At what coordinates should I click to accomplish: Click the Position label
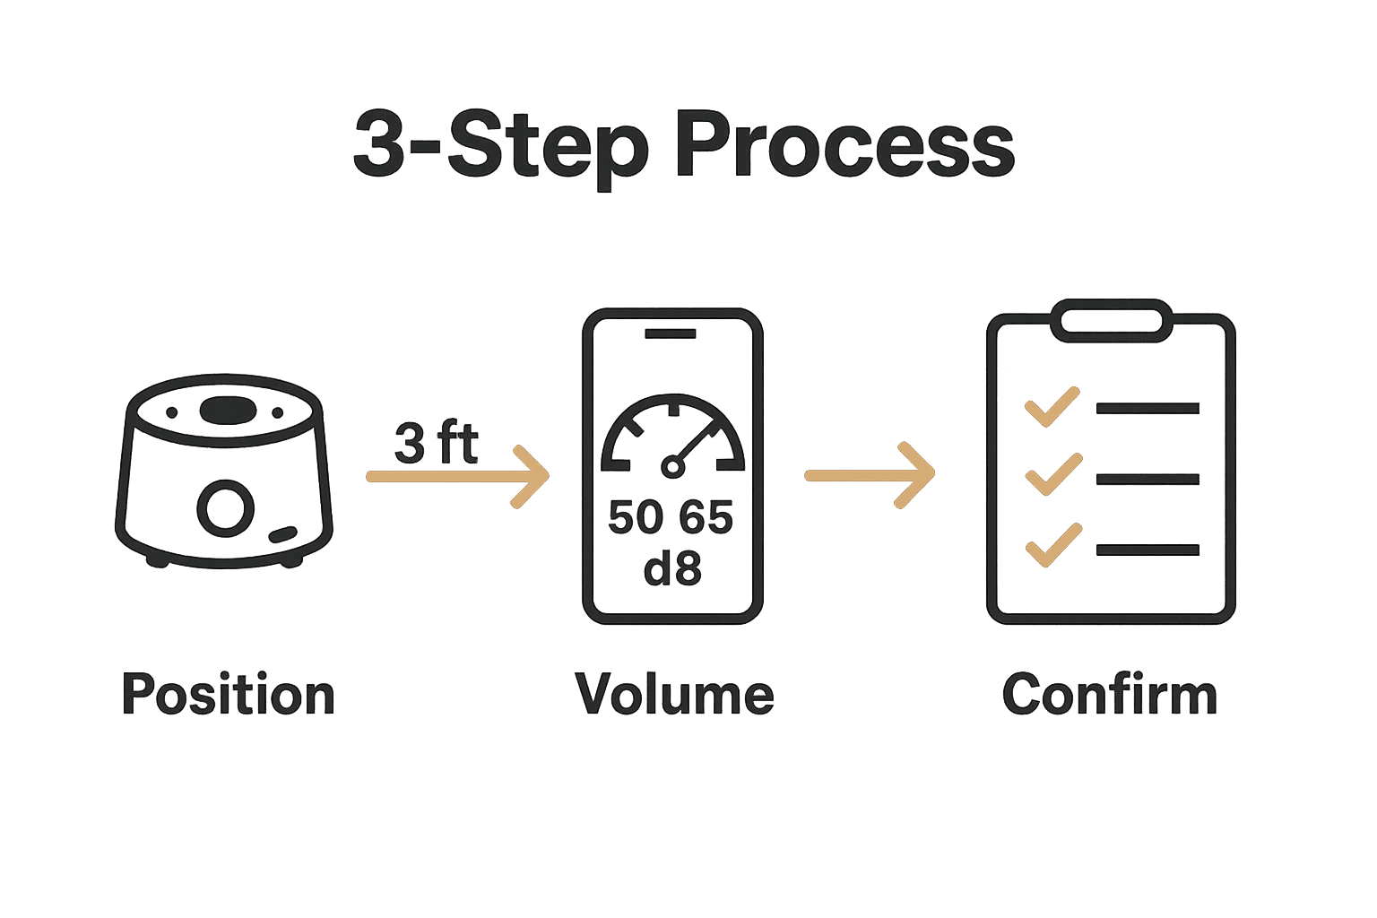click(229, 695)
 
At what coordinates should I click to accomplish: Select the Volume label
click(675, 695)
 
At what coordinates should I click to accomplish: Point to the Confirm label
click(1110, 695)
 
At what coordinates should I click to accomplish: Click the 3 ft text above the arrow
click(437, 443)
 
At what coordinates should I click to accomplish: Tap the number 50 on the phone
click(636, 518)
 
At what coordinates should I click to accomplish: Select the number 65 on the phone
click(706, 518)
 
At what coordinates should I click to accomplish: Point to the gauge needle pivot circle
click(672, 466)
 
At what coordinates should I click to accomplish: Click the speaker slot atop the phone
click(671, 333)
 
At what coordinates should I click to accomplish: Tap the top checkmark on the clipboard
click(1052, 407)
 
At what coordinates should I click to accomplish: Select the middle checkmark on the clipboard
click(1052, 475)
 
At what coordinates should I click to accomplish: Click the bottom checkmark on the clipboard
click(1052, 545)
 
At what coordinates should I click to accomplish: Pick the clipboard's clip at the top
click(1112, 321)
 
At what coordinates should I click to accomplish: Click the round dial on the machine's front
click(225, 508)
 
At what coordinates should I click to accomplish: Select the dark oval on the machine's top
click(227, 410)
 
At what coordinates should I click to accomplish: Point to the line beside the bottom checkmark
click(1147, 550)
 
